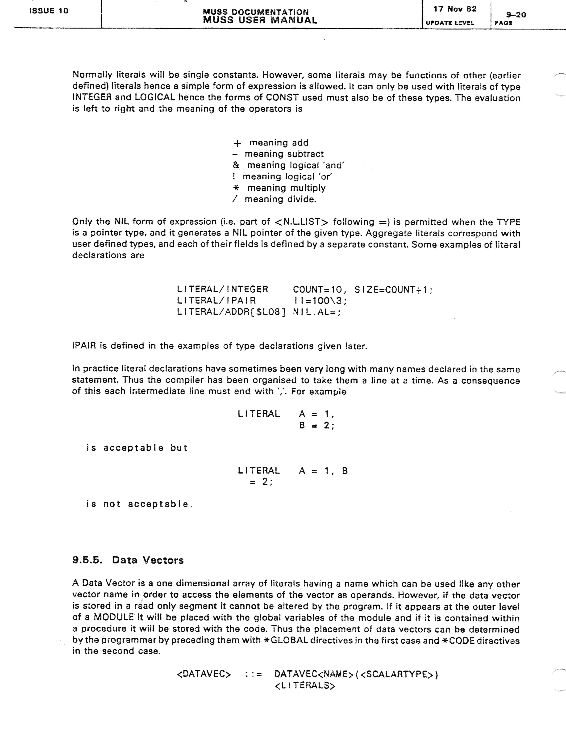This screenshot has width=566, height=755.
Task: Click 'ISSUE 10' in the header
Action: tap(49, 11)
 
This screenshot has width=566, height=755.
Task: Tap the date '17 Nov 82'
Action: tap(455, 9)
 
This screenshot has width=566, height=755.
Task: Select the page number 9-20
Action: tap(516, 15)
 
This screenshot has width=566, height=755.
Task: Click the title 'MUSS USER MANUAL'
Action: tap(260, 20)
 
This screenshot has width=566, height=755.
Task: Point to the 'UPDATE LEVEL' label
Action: tap(450, 23)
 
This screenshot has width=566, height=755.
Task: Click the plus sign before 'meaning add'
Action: tap(237, 143)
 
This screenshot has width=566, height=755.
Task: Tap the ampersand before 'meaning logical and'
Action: tap(236, 165)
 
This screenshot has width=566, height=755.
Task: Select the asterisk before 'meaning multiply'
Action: tap(236, 188)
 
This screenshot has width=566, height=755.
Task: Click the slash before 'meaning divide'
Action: tap(235, 199)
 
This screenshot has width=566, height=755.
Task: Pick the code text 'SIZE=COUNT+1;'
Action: tap(393, 290)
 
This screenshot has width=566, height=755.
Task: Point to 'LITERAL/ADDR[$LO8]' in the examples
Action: tap(231, 312)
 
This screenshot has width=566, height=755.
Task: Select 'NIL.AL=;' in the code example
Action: tap(316, 312)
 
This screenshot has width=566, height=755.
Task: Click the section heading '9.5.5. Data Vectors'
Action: tap(128, 560)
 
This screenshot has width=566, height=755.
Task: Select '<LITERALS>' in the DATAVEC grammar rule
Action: tap(305, 685)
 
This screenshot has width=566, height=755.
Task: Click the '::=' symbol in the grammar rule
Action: tap(254, 675)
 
